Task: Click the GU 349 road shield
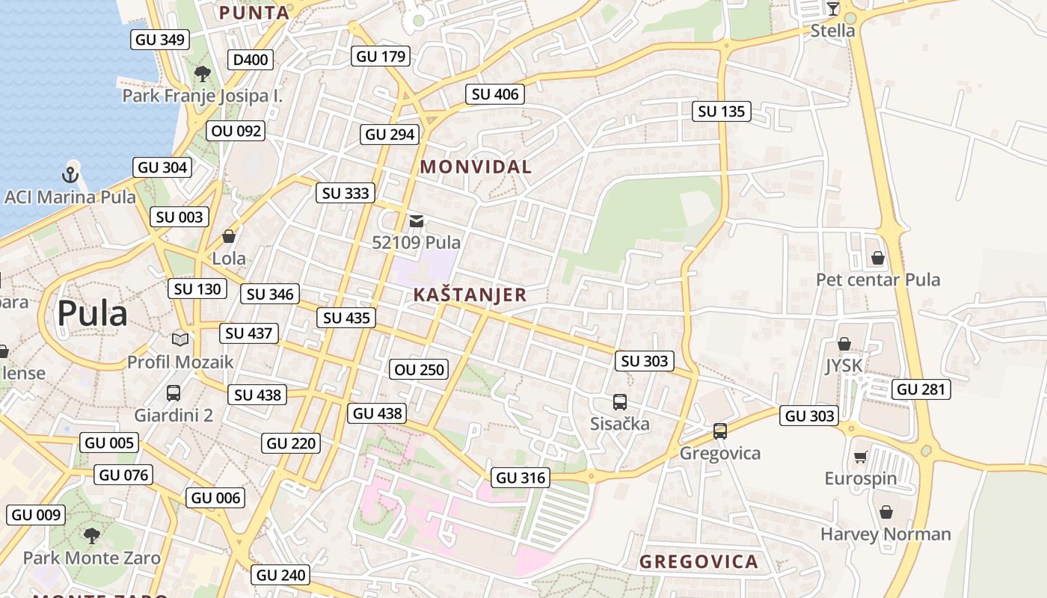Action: click(x=160, y=40)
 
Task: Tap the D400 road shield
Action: click(x=251, y=60)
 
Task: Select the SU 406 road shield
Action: click(x=495, y=94)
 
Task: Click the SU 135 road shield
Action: click(x=722, y=112)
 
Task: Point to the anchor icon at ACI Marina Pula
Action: click(x=70, y=176)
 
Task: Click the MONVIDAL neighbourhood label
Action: click(x=476, y=167)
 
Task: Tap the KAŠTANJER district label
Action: click(x=470, y=295)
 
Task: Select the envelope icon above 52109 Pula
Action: click(x=417, y=221)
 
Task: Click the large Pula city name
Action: click(x=92, y=313)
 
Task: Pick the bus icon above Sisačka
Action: click(x=620, y=402)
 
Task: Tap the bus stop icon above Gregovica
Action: click(x=720, y=431)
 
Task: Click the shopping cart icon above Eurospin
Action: click(x=860, y=457)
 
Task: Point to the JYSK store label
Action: click(x=844, y=366)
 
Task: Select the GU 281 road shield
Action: click(x=921, y=389)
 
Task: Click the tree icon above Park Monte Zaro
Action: click(x=92, y=535)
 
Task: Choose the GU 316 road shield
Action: click(x=521, y=478)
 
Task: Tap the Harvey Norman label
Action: click(x=885, y=534)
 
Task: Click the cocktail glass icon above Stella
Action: click(x=832, y=9)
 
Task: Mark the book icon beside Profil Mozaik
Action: click(x=180, y=340)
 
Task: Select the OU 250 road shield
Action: click(x=419, y=369)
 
